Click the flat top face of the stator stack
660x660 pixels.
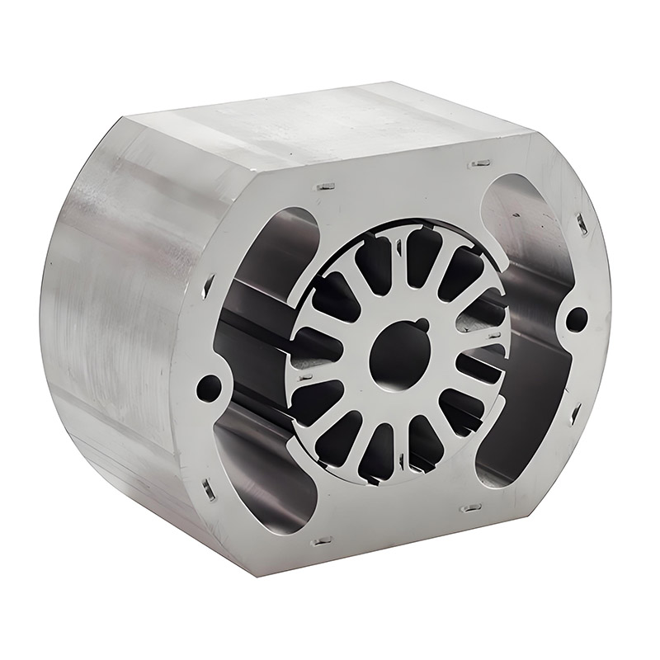point(330,124)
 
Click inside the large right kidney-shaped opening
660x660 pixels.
point(528,330)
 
